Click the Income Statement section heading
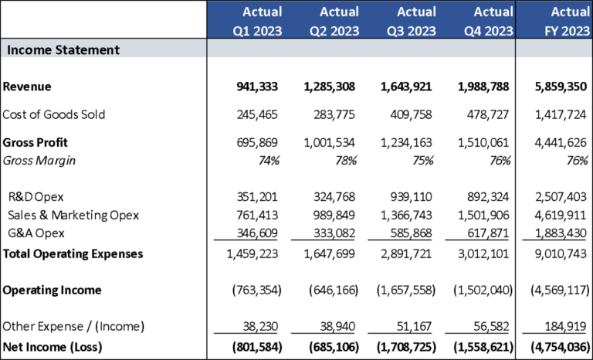(63, 49)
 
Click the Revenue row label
(27, 87)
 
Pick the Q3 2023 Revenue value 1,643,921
(405, 87)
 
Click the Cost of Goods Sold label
(54, 114)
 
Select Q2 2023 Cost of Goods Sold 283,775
(334, 114)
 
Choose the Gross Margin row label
(39, 161)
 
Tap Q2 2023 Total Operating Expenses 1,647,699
(328, 253)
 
